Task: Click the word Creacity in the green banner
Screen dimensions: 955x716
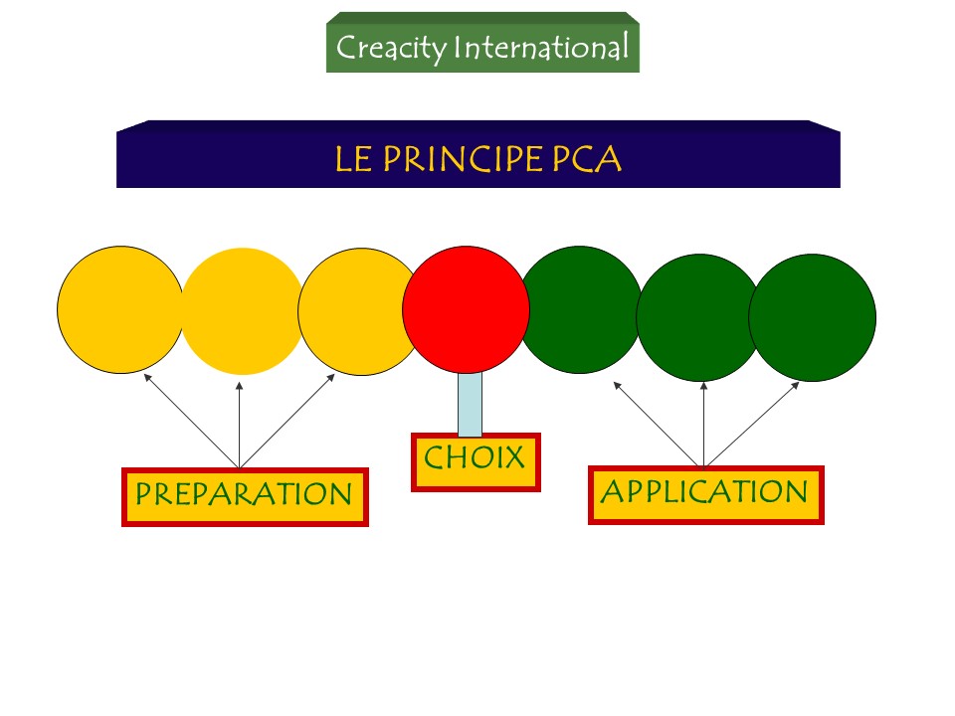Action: tap(392, 48)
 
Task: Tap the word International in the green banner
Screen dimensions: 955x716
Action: tap(541, 47)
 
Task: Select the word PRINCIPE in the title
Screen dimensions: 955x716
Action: tap(463, 159)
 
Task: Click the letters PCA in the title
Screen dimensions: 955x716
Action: tap(587, 159)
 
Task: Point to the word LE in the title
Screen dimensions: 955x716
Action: tap(353, 159)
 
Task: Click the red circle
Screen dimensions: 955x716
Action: tap(466, 309)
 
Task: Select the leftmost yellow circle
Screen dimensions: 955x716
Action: tap(120, 309)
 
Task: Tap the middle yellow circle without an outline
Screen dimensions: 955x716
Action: tap(242, 311)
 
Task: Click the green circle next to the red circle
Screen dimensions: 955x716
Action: tap(579, 309)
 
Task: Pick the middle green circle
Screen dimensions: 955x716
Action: tap(698, 317)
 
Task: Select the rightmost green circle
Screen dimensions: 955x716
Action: tap(812, 317)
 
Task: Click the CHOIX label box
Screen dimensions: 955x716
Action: tap(476, 462)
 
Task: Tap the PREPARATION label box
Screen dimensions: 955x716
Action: tap(245, 497)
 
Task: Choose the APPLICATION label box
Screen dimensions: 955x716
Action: tap(706, 495)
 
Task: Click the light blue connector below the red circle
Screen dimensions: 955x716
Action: tap(470, 405)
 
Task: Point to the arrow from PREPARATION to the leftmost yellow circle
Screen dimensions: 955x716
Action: tap(191, 421)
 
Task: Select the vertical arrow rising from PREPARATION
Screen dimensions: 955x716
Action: tap(240, 425)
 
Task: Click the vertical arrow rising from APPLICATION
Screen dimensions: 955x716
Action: tap(703, 425)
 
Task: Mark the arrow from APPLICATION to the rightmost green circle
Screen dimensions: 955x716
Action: tap(752, 425)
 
